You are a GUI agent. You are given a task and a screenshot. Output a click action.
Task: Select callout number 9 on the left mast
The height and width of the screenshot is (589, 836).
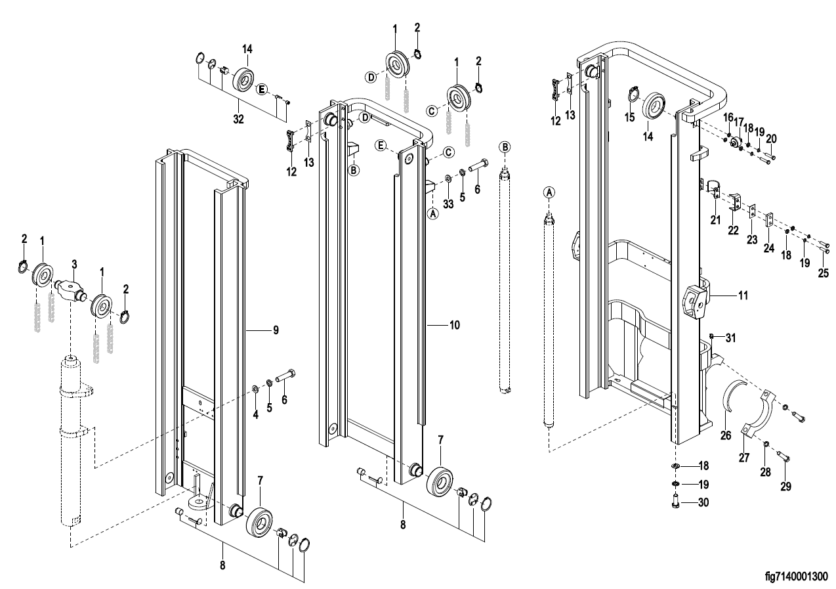point(276,330)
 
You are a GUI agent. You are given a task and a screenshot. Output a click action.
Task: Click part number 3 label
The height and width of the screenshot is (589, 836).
point(74,264)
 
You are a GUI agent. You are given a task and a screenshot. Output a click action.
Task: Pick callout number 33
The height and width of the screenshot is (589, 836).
point(448,204)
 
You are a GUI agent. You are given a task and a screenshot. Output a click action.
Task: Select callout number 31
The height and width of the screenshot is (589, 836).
point(729,338)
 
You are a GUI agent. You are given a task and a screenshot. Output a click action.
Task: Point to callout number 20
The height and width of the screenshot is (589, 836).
point(772,139)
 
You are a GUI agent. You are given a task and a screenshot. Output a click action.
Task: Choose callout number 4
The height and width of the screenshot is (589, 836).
point(256,415)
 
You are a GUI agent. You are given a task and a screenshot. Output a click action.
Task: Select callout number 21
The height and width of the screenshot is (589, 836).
point(716,219)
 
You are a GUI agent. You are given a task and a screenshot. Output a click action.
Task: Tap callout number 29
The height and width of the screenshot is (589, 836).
point(786,487)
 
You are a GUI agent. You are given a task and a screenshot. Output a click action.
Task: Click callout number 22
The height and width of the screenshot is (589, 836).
point(732,230)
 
